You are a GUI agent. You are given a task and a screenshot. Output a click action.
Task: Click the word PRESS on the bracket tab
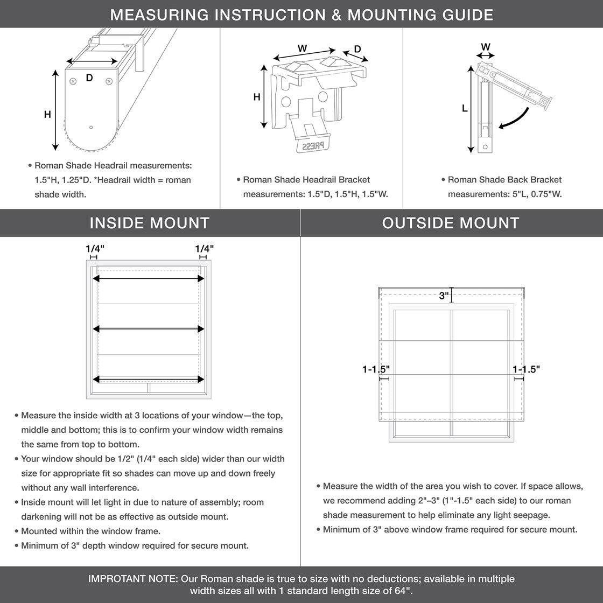tap(313, 146)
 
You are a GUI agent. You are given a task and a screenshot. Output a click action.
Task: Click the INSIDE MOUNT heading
tap(150, 223)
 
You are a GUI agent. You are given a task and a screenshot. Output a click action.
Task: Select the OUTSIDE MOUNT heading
tap(451, 223)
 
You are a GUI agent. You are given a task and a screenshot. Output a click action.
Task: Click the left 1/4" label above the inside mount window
tap(95, 248)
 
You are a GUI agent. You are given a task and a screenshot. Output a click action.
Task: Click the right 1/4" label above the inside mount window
tap(204, 248)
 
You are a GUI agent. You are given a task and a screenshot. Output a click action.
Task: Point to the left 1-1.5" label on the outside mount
tap(376, 369)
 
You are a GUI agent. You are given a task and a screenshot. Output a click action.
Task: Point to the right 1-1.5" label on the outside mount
tap(526, 369)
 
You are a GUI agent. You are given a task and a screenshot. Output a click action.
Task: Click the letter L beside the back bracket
tap(465, 108)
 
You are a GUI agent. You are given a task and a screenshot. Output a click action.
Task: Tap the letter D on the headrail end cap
tap(89, 78)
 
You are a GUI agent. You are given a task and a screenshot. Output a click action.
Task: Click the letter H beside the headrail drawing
tap(48, 114)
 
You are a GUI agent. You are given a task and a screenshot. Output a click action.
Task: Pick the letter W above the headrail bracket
tap(303, 48)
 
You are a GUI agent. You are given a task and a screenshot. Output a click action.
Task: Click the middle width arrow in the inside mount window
tap(149, 328)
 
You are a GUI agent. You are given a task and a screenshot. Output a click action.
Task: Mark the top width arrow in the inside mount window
tap(149, 278)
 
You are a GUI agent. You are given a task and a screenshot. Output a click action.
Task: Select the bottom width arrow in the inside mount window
tap(149, 379)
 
